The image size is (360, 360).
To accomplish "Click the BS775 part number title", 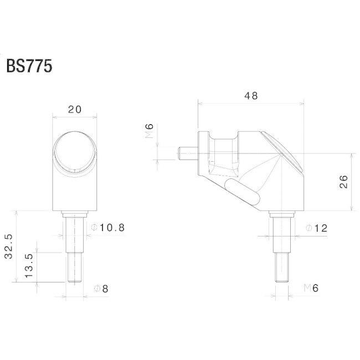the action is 29,66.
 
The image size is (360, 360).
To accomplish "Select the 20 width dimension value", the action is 75,110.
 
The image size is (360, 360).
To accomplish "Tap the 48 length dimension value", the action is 251,96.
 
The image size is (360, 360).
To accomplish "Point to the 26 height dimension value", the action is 344,182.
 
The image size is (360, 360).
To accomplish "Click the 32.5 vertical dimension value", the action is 8,246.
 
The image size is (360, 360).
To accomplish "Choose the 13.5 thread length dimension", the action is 29,265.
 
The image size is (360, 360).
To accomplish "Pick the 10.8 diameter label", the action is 108,228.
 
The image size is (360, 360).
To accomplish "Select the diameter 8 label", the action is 101,289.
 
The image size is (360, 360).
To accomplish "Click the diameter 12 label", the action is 317,228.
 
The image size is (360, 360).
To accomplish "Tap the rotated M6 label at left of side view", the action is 149,131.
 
